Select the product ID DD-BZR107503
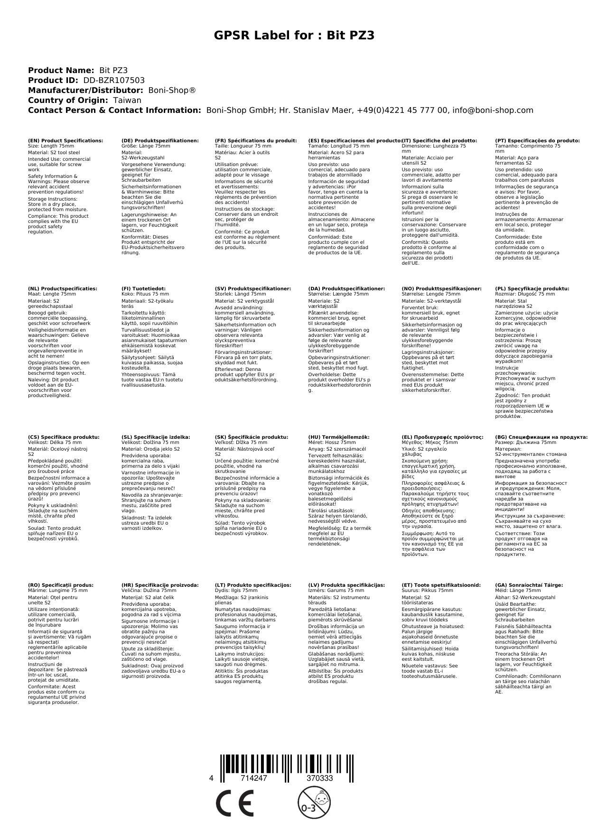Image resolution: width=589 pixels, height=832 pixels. click(x=114, y=81)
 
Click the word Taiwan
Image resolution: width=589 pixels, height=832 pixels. click(x=127, y=100)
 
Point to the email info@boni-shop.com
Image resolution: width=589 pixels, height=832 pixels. click(x=493, y=110)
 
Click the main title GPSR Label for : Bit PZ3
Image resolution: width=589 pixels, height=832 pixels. click(x=294, y=36)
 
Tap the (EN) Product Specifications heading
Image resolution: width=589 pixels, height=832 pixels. click(x=65, y=141)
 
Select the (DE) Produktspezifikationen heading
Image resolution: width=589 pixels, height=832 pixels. click(x=160, y=141)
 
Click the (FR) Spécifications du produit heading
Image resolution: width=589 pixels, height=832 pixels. click(x=256, y=141)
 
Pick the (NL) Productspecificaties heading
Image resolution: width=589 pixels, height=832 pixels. click(x=62, y=288)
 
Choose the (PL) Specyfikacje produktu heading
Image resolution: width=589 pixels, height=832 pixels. click(x=532, y=288)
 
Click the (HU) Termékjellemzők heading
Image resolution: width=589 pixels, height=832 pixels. click(x=338, y=437)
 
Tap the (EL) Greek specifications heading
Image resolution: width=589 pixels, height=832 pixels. click(x=442, y=437)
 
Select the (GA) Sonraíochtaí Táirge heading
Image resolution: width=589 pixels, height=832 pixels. click(x=529, y=585)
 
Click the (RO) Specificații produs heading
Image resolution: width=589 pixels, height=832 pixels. click(x=61, y=585)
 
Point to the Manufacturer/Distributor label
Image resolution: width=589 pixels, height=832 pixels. click(x=85, y=90)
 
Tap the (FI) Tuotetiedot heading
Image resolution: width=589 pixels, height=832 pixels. click(x=143, y=288)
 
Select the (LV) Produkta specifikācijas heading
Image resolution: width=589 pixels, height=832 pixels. click(x=346, y=585)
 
